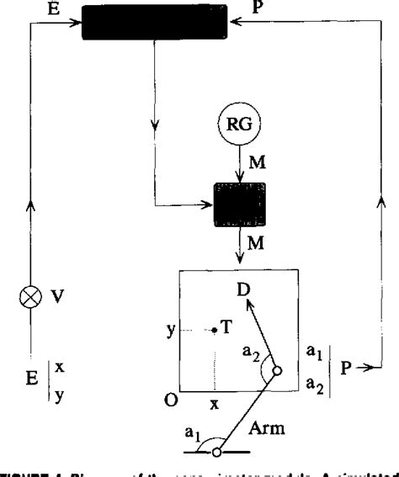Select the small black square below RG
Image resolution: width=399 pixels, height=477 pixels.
[x=240, y=203]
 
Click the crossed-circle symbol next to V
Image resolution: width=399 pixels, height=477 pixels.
[x=31, y=298]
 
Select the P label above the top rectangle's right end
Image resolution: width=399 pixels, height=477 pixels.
[x=260, y=8]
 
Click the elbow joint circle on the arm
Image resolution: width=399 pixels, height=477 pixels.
[x=276, y=370]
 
